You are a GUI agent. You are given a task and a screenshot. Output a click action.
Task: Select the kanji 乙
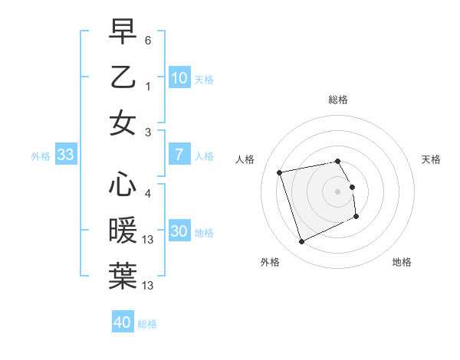[x=123, y=77]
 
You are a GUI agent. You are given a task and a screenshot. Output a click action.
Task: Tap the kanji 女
[x=123, y=123]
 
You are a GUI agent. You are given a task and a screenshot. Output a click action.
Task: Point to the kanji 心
[x=123, y=185]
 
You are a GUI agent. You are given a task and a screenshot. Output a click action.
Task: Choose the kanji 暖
[x=123, y=230]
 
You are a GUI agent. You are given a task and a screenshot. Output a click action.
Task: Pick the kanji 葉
[x=123, y=276]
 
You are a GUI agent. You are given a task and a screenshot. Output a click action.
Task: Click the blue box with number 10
[x=179, y=78]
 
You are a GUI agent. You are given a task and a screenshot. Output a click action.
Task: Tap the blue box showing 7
[x=179, y=155]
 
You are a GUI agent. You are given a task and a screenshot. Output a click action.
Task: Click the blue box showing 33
[x=65, y=155]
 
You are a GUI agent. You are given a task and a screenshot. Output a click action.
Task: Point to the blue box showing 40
[x=122, y=322]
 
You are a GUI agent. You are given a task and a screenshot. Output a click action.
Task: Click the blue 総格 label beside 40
[x=147, y=324]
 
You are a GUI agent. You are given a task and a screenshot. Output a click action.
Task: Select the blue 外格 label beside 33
[x=41, y=156]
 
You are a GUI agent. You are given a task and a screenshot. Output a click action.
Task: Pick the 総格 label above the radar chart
[x=337, y=100]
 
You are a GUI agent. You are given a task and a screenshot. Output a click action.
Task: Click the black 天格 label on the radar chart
[x=431, y=159]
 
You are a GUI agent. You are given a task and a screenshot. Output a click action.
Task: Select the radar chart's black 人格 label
[x=245, y=159]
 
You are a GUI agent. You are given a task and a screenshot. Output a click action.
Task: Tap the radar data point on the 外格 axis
[x=301, y=242]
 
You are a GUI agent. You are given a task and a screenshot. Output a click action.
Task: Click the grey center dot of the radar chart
[x=337, y=191]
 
